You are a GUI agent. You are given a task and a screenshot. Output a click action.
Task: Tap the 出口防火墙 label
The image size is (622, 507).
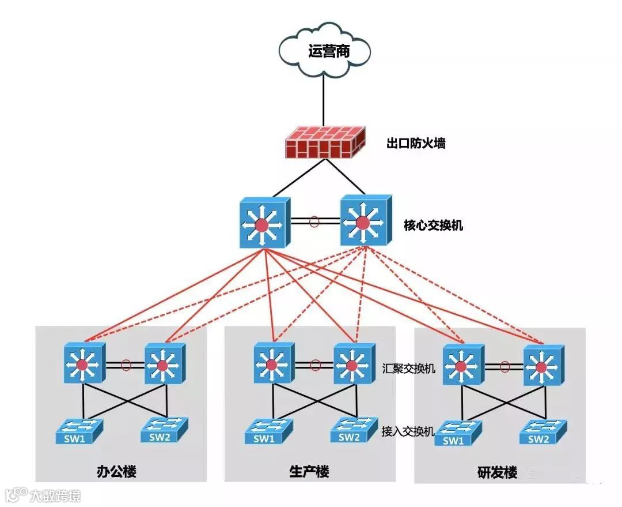[x=415, y=144]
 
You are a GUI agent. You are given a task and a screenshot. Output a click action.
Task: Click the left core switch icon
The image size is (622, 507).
[x=263, y=223]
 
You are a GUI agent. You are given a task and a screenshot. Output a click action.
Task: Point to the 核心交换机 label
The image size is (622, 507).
[x=433, y=225]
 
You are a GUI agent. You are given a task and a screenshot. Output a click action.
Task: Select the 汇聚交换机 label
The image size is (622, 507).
[x=408, y=367]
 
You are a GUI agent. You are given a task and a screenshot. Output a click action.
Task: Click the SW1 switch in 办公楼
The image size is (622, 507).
[x=79, y=432]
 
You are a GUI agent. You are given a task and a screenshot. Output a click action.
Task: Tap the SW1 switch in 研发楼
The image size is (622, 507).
[x=458, y=434]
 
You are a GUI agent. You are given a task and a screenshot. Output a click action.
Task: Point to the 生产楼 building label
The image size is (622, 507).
[x=309, y=472]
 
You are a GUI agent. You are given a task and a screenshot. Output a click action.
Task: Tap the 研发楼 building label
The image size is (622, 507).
[x=497, y=473]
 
